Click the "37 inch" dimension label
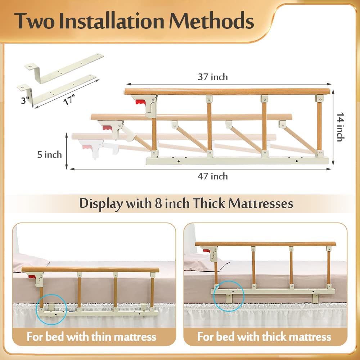(213, 77)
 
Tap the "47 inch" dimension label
(213, 176)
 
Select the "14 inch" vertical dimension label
(341, 127)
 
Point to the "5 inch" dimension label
(50, 154)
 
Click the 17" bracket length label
(69, 100)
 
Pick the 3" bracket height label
(25, 100)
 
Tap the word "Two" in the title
(35, 21)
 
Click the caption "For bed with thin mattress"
(91, 337)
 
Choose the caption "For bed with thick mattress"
(264, 337)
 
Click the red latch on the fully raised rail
(139, 102)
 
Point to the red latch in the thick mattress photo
(206, 251)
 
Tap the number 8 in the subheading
(158, 203)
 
